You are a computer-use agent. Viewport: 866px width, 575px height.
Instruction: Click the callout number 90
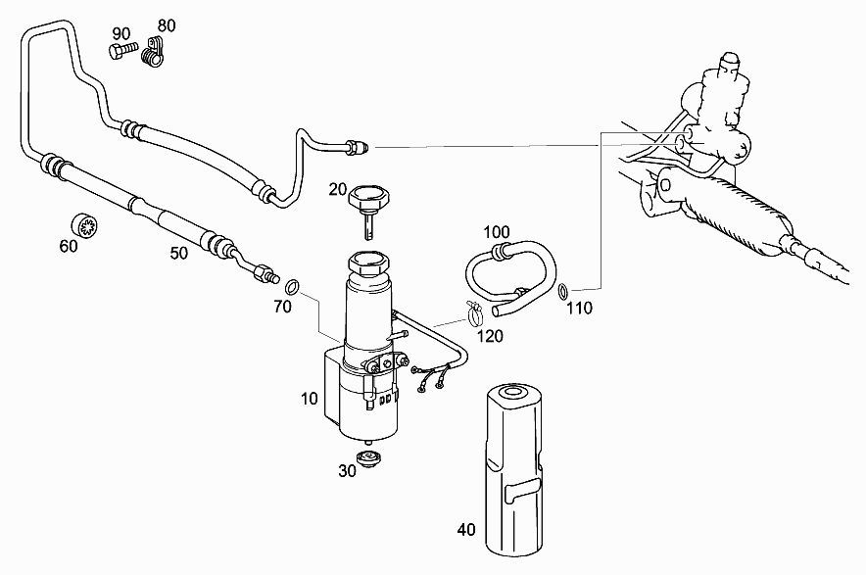click(121, 33)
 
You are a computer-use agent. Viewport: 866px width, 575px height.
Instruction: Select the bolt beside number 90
click(123, 51)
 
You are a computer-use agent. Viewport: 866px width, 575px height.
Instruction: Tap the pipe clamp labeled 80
click(153, 53)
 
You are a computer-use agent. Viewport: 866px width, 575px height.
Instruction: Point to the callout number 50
click(178, 254)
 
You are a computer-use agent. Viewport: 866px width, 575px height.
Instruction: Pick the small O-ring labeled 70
click(293, 287)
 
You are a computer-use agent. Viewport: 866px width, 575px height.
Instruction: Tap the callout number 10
click(310, 399)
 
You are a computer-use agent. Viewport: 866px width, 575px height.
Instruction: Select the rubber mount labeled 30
click(366, 457)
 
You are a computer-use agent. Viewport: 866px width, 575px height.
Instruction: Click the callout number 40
click(466, 530)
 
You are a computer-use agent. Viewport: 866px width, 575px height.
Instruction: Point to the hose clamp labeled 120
click(474, 312)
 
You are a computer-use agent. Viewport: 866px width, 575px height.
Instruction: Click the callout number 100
click(497, 232)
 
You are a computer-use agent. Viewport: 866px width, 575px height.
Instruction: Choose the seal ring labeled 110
click(562, 291)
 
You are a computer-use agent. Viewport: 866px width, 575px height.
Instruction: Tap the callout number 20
click(337, 190)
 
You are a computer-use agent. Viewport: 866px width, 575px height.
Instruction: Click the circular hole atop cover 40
click(513, 393)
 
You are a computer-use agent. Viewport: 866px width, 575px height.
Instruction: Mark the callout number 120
click(490, 336)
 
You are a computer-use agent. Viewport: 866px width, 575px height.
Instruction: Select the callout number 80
click(167, 25)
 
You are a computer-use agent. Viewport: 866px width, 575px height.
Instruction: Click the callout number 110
click(579, 309)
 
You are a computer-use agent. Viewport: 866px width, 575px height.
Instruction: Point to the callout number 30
click(348, 471)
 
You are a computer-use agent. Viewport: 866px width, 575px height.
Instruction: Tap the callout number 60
click(69, 246)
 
